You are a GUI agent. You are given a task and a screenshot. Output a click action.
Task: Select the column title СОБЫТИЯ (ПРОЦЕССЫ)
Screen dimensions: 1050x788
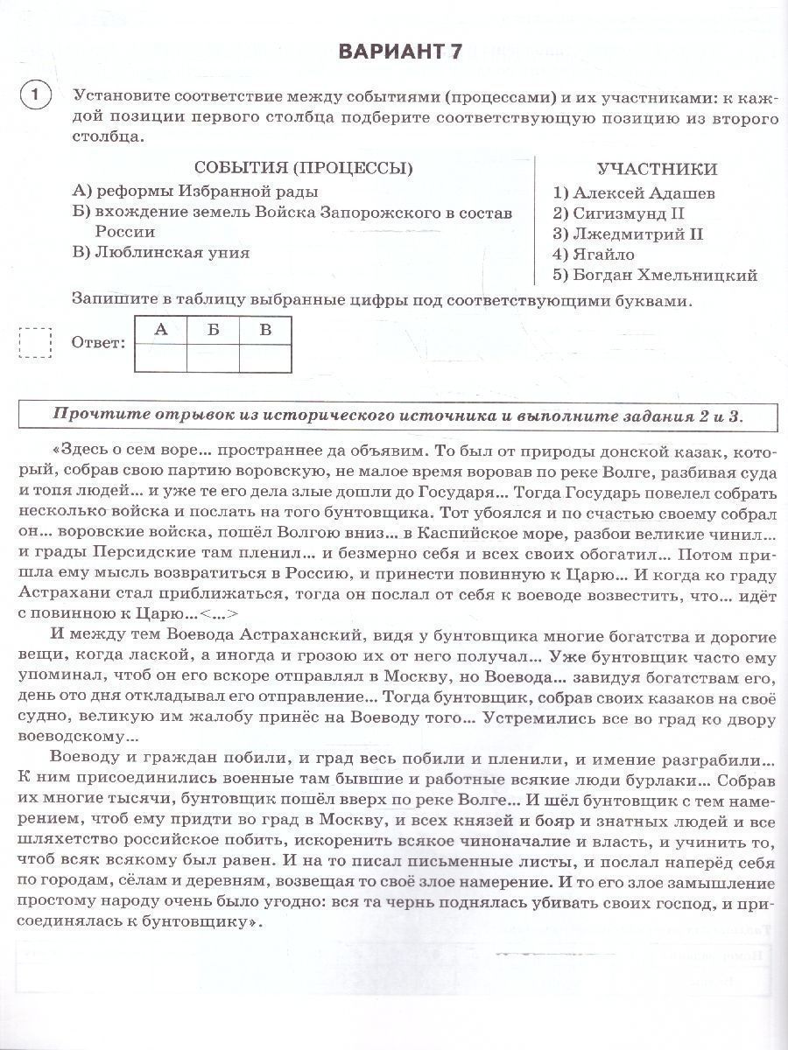(x=304, y=169)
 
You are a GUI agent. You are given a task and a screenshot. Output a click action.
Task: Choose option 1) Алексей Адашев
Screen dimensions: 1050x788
(x=634, y=192)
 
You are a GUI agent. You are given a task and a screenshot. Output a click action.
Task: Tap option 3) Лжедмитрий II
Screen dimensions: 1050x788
(x=628, y=234)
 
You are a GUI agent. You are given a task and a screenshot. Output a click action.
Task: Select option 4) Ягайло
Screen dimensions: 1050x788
(x=594, y=255)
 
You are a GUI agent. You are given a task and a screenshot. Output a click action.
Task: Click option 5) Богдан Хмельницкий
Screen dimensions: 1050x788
(x=655, y=276)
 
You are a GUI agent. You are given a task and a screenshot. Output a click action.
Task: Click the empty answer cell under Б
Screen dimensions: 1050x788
(x=213, y=358)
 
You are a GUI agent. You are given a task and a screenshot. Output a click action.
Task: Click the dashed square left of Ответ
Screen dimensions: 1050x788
(x=35, y=343)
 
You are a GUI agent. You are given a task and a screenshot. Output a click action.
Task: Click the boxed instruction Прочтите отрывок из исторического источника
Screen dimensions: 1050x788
(x=398, y=414)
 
